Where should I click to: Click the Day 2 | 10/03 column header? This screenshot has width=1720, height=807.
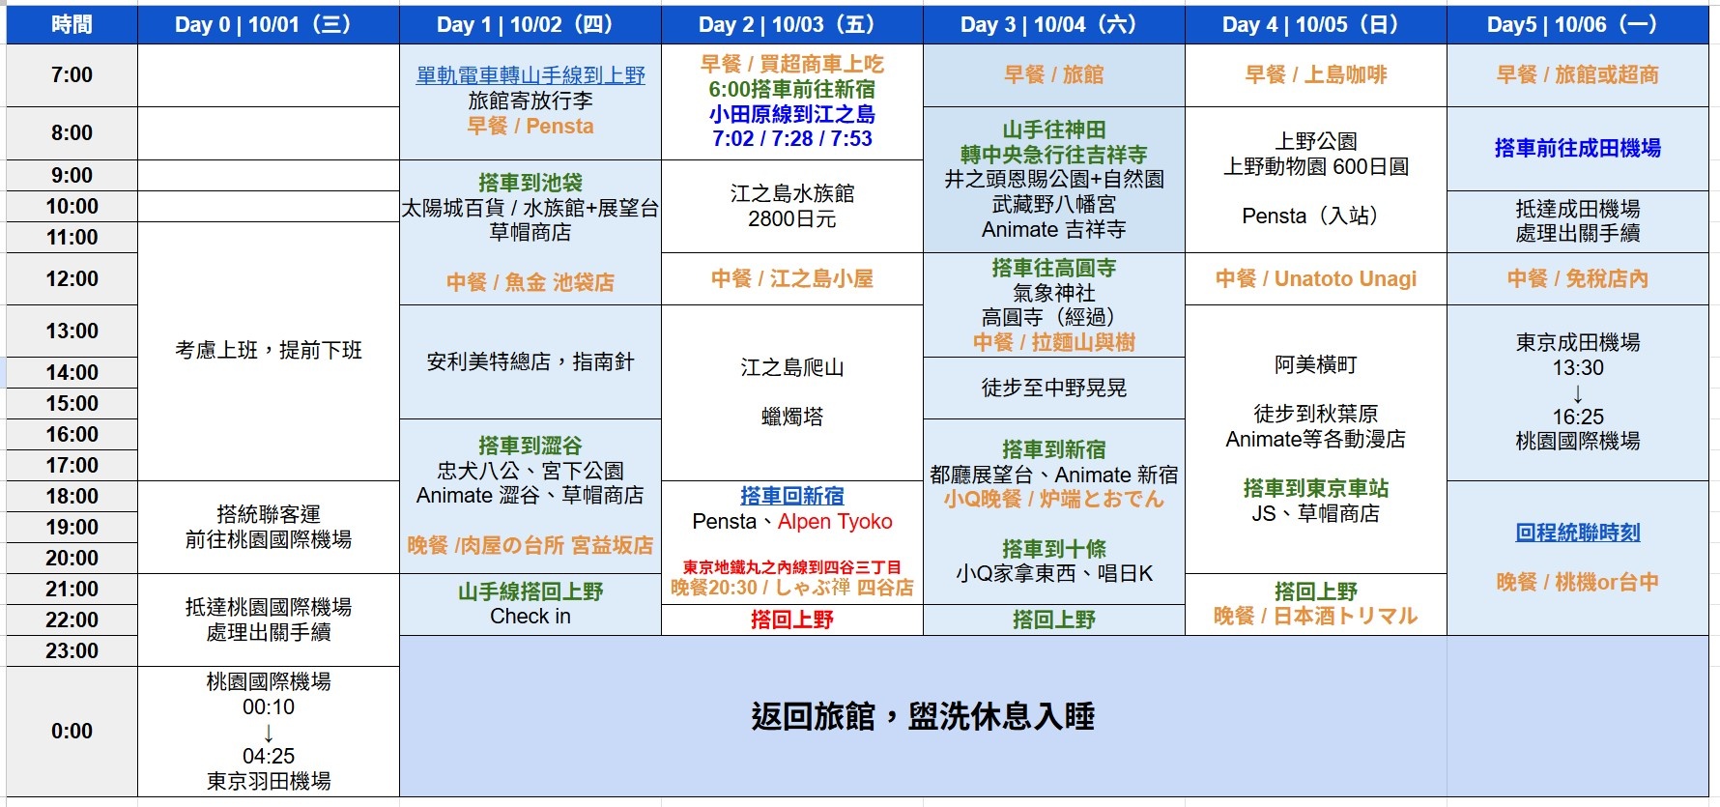coord(792,25)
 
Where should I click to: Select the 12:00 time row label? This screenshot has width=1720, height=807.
coord(72,279)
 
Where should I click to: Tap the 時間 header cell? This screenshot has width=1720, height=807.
coord(72,25)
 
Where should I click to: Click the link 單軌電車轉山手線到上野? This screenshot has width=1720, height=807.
coord(530,75)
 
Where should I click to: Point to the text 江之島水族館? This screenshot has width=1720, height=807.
coord(792,193)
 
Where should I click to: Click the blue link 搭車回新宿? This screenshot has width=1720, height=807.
coord(792,496)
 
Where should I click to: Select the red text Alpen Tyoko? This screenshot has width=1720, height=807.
coord(835,522)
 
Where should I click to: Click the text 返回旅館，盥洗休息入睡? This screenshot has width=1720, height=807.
coord(923,717)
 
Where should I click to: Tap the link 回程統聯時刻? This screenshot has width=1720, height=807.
coord(1578,533)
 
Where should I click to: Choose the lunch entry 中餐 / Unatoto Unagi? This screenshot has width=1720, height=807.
coord(1316,279)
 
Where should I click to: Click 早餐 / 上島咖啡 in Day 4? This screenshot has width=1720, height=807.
coord(1316,75)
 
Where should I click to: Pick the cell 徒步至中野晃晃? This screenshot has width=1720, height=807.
coord(1054,388)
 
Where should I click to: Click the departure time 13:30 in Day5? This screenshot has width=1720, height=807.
coord(1578,368)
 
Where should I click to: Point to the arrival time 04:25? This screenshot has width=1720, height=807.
coord(269,756)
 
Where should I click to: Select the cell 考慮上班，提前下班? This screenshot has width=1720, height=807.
coord(269,351)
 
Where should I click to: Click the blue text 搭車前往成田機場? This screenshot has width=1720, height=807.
coord(1578,148)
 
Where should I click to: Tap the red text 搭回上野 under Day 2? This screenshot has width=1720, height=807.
coord(792,620)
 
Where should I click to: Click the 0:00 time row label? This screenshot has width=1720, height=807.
coord(72,732)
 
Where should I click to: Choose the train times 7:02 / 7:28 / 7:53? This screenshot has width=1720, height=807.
coord(792,139)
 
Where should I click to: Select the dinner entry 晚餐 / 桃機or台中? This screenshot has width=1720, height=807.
coord(1578,582)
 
